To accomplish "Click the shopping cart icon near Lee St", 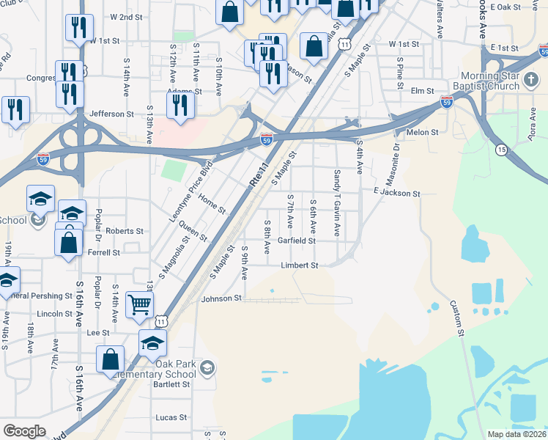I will (139, 304).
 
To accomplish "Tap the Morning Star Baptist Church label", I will (500, 81).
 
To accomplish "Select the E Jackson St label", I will (396, 194).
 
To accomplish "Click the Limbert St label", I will (300, 265).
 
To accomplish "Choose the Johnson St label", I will (221, 298).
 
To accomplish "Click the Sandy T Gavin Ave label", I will (337, 203).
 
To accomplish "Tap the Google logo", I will (24, 431).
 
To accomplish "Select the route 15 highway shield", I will (501, 150).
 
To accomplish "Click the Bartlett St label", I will (172, 384).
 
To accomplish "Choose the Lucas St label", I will (172, 417).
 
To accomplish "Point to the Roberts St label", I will (125, 231).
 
